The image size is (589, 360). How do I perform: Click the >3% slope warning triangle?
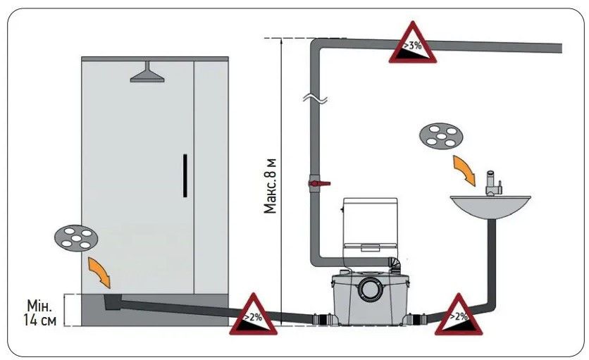click(x=411, y=44)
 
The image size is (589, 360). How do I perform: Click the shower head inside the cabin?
click(x=147, y=73)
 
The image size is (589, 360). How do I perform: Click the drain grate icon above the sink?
click(x=440, y=136)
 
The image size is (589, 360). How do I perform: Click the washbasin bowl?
click(x=490, y=206)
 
